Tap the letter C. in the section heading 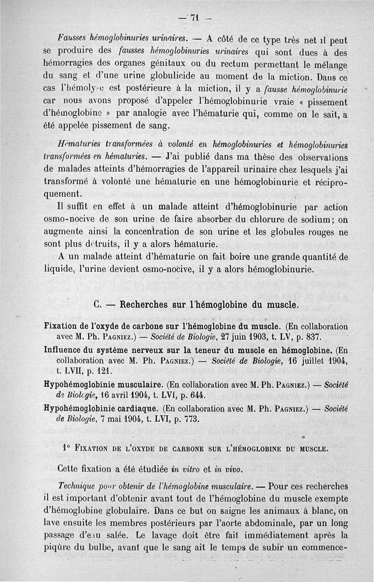click(x=98, y=305)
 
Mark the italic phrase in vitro click(x=187, y=469)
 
